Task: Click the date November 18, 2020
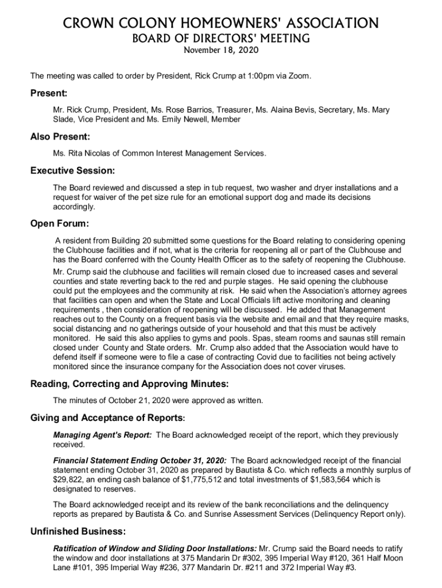(221, 51)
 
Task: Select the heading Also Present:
(60, 137)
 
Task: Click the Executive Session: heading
(72, 171)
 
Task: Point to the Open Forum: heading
(60, 223)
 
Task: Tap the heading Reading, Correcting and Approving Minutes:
(129, 384)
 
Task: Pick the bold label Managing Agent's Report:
(103, 435)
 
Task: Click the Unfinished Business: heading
(78, 531)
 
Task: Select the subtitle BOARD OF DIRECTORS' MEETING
(221, 38)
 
